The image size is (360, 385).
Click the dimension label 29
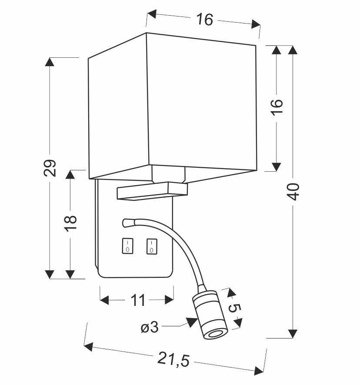51,168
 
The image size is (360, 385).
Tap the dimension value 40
294,192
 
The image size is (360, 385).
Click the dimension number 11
137,300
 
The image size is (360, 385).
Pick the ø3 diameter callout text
150,327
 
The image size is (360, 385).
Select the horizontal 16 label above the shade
204,20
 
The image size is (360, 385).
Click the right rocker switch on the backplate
151,246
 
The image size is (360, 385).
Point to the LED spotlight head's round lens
214,335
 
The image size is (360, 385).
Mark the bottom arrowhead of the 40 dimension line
293,333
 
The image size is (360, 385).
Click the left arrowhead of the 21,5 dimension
89,347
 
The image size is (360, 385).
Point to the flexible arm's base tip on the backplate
126,223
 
